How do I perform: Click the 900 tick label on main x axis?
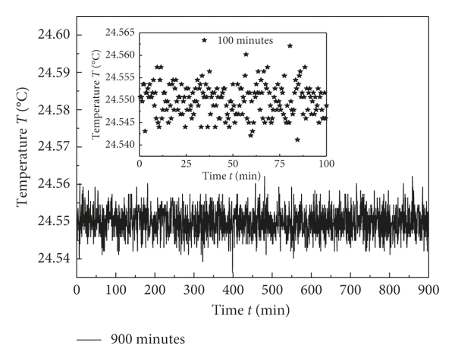point(428,290)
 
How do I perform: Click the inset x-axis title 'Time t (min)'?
point(233,176)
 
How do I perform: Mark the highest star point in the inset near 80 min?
point(290,45)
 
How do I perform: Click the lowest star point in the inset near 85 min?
point(298,139)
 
